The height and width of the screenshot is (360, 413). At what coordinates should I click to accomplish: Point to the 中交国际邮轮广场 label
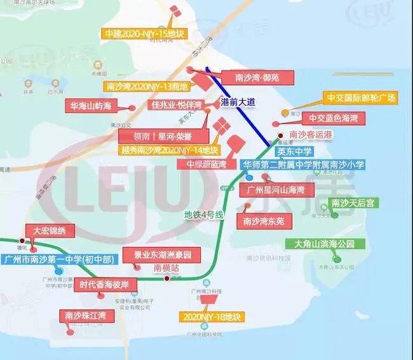point(360,98)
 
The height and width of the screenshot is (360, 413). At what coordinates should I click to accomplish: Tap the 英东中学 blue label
point(294,152)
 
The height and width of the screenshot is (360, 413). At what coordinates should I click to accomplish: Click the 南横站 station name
point(166,268)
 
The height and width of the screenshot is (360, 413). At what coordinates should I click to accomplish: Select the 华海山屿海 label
point(90,107)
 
